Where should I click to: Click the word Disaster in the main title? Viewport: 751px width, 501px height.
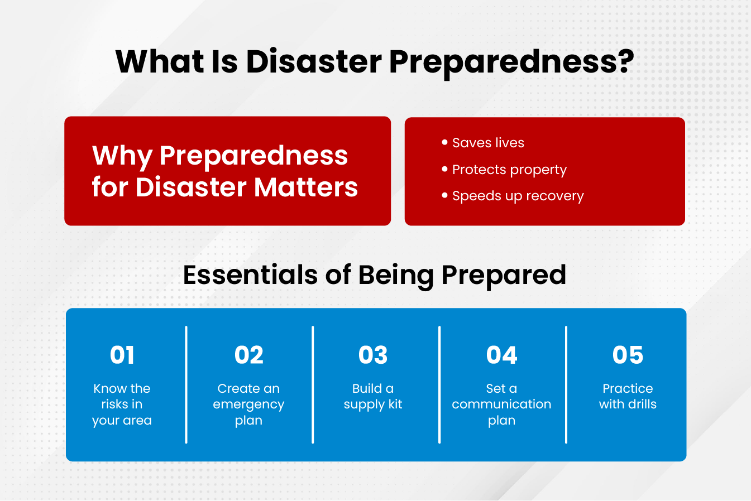point(314,61)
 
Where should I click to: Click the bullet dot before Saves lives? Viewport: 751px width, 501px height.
point(444,142)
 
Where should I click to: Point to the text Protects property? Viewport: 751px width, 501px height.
point(509,170)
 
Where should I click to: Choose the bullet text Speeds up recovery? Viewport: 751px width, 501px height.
point(518,196)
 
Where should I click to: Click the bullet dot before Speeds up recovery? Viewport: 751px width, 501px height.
point(444,195)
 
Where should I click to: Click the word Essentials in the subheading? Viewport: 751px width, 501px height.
point(250,275)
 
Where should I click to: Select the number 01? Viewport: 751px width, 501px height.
point(122,355)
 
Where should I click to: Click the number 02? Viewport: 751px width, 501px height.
point(249,355)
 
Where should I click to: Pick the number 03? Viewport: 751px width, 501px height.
point(373,355)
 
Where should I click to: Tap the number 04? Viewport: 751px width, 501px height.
point(501,355)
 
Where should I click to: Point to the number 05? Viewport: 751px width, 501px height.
point(628,355)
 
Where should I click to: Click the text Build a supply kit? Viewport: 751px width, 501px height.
point(373,397)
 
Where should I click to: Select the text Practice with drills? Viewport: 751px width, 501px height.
point(628,396)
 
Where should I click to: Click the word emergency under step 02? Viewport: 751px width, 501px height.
point(248,405)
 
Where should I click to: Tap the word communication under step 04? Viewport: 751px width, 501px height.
point(501,404)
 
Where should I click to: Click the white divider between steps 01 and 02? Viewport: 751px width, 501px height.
point(186,385)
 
